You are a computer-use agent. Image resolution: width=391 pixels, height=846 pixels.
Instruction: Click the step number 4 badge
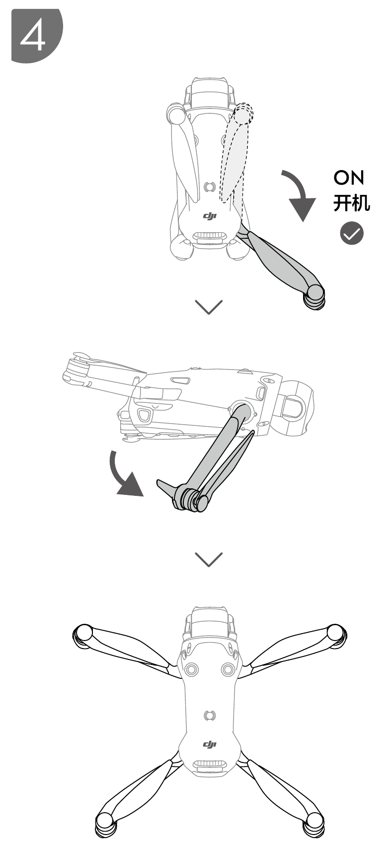(37, 35)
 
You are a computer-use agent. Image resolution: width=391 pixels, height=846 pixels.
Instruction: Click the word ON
(349, 178)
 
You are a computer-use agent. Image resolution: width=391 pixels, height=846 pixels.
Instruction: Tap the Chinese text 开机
(351, 203)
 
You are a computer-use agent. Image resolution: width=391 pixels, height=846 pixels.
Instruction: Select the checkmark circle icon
(351, 233)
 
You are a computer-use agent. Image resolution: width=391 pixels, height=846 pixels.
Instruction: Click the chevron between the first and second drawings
(209, 307)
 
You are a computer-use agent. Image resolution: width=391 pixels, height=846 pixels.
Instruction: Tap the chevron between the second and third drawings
(209, 559)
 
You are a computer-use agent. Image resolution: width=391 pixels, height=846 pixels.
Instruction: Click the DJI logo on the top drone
(210, 216)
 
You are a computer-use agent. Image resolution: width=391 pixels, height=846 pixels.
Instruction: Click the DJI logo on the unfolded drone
(210, 745)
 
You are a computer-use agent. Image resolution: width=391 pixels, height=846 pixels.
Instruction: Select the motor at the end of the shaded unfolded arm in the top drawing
(315, 297)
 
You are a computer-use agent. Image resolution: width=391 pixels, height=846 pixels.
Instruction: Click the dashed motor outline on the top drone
(243, 113)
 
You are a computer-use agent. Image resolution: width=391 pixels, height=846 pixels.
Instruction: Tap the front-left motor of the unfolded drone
(82, 637)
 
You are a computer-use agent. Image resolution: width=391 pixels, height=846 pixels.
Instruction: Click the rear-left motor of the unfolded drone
(105, 823)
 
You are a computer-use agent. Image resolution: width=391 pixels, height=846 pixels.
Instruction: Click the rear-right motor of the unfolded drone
(314, 823)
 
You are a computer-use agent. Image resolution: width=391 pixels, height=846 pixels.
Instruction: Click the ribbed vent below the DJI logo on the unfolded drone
(210, 766)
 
